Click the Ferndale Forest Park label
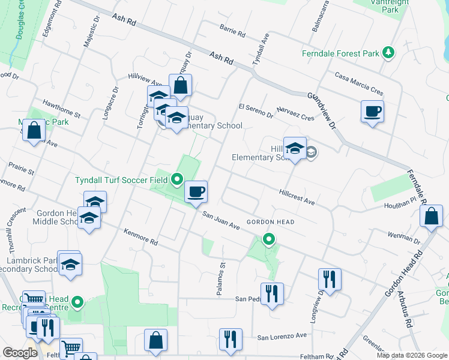click(x=340, y=53)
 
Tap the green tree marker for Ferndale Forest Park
click(x=388, y=53)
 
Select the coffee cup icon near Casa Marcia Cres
click(x=373, y=112)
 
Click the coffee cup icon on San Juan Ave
click(x=196, y=193)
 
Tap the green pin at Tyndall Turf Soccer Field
click(x=176, y=179)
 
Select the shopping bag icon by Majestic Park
click(x=34, y=130)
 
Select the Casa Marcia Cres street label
click(x=359, y=84)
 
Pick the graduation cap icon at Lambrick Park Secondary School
click(x=70, y=265)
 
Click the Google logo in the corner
click(x=20, y=352)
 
